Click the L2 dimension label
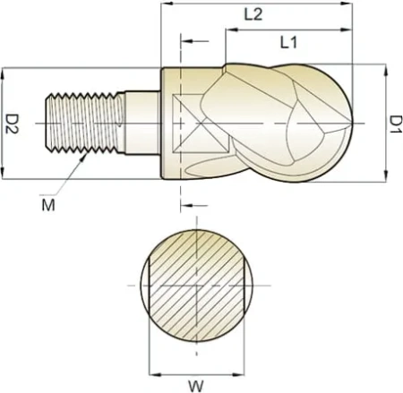(x=253, y=14)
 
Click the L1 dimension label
(x=288, y=42)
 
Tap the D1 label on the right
(x=396, y=124)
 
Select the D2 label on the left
(x=13, y=124)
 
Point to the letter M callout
(x=48, y=205)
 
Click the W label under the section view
(x=196, y=386)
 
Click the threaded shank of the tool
(x=85, y=123)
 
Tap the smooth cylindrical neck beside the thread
(x=142, y=123)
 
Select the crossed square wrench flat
(x=201, y=123)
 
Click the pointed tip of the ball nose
(x=353, y=123)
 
